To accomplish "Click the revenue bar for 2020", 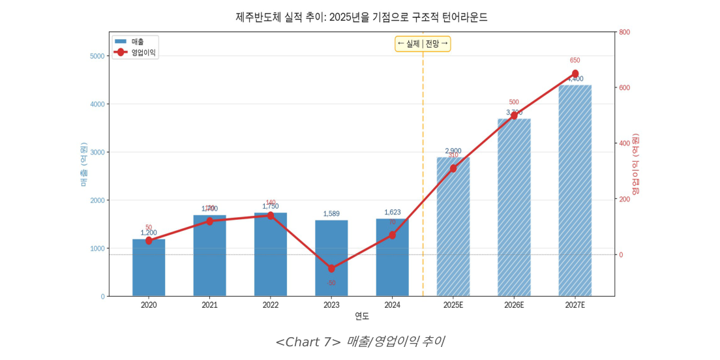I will click(x=149, y=268).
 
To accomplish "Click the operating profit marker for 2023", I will click(x=331, y=269).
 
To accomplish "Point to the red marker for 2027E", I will click(x=575, y=74).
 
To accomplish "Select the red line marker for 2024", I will click(x=392, y=235).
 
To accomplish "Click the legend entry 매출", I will click(x=134, y=42).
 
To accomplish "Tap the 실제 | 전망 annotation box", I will click(x=423, y=44).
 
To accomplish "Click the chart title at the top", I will click(x=361, y=17).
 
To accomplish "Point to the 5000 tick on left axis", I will click(x=97, y=56).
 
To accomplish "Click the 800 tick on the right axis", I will click(x=624, y=32).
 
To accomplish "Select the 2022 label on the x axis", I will click(x=271, y=305).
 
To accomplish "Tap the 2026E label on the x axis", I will click(x=514, y=305).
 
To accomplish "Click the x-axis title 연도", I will click(x=361, y=316).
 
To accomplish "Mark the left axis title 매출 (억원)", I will click(x=84, y=164).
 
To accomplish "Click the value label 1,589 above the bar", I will click(x=331, y=214).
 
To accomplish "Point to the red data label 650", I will click(x=575, y=61).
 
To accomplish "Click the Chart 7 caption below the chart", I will click(x=359, y=342).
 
